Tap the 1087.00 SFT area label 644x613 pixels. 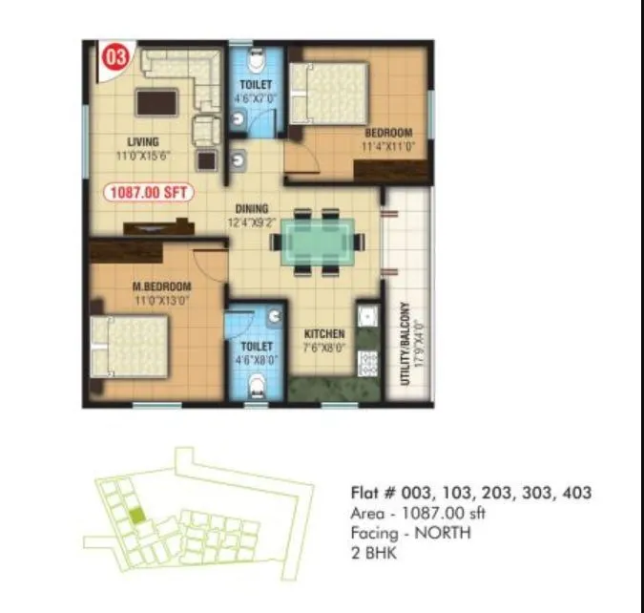[x=149, y=192]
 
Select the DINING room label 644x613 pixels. [x=252, y=209]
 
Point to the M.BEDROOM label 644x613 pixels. [x=161, y=286]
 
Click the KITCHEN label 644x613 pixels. [x=324, y=334]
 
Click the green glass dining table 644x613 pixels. [x=322, y=242]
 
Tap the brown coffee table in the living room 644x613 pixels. [x=156, y=101]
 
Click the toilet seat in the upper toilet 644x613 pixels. [x=255, y=62]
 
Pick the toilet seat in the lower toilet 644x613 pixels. [x=255, y=387]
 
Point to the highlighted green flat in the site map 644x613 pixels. [x=138, y=516]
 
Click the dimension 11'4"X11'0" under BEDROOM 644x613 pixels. [x=387, y=147]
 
